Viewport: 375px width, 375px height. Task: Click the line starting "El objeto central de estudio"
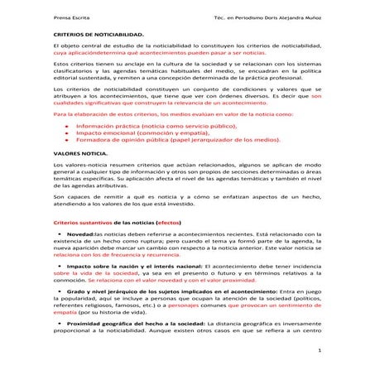[x=185, y=42]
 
